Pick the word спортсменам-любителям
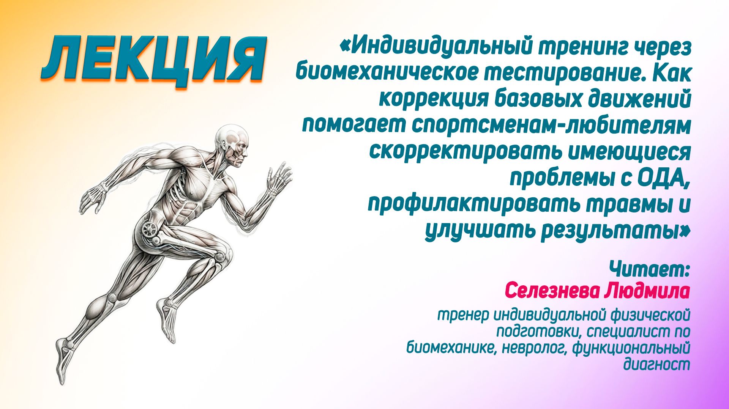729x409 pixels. [x=551, y=125]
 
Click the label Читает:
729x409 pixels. [x=649, y=269]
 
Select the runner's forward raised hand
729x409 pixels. [x=279, y=176]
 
